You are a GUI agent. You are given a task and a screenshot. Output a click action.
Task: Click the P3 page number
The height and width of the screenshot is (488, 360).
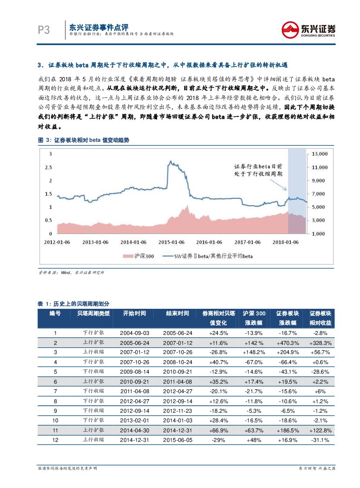click(44, 30)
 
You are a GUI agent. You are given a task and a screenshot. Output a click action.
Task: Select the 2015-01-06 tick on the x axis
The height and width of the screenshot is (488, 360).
click(172, 242)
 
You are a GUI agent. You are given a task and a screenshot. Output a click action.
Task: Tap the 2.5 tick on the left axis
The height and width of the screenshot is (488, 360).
click(50, 167)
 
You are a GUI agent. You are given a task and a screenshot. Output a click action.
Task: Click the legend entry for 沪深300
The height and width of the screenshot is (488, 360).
click(139, 256)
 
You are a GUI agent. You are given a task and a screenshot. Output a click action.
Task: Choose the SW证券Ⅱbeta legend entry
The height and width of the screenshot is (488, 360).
click(207, 256)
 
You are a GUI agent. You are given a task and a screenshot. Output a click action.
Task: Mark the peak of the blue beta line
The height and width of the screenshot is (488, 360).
click(170, 161)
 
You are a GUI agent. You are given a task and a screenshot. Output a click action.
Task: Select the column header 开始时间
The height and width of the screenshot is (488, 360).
click(135, 313)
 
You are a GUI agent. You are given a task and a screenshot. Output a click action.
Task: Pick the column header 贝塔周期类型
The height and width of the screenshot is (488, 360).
click(94, 313)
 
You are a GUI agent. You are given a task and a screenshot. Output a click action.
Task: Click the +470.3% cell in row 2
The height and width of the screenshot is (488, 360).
click(288, 343)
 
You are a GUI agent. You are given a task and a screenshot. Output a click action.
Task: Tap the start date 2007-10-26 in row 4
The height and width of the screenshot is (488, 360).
click(135, 362)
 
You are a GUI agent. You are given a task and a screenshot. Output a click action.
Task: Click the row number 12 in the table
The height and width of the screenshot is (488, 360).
click(55, 440)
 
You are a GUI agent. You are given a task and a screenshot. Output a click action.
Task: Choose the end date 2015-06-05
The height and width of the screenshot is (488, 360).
click(178, 440)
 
